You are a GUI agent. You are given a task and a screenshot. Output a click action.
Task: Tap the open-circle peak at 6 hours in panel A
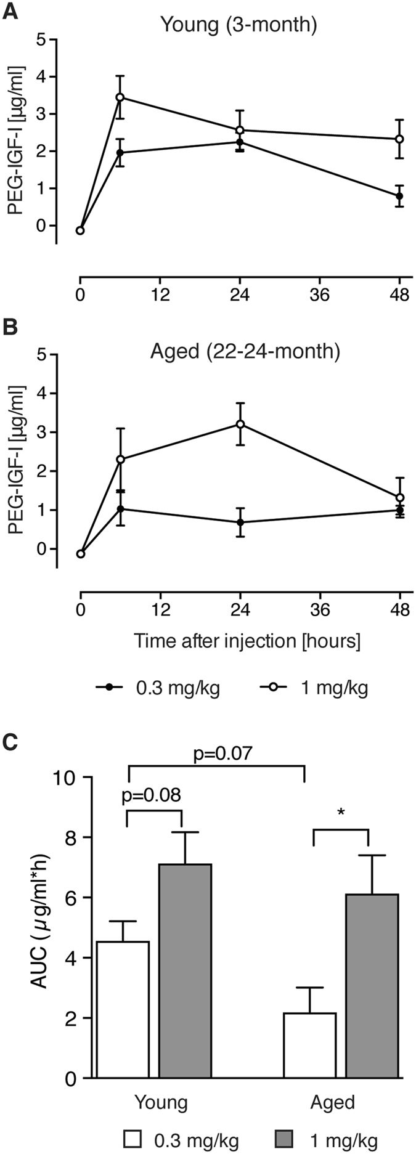120,97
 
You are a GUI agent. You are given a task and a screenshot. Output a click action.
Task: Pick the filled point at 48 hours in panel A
399,196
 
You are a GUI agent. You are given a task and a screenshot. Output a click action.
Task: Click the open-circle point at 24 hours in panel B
240,424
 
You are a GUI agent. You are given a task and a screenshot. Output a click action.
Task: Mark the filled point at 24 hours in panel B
240,522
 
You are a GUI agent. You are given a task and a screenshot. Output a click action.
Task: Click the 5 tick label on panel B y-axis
42,354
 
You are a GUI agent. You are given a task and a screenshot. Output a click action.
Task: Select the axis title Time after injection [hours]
247,641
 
